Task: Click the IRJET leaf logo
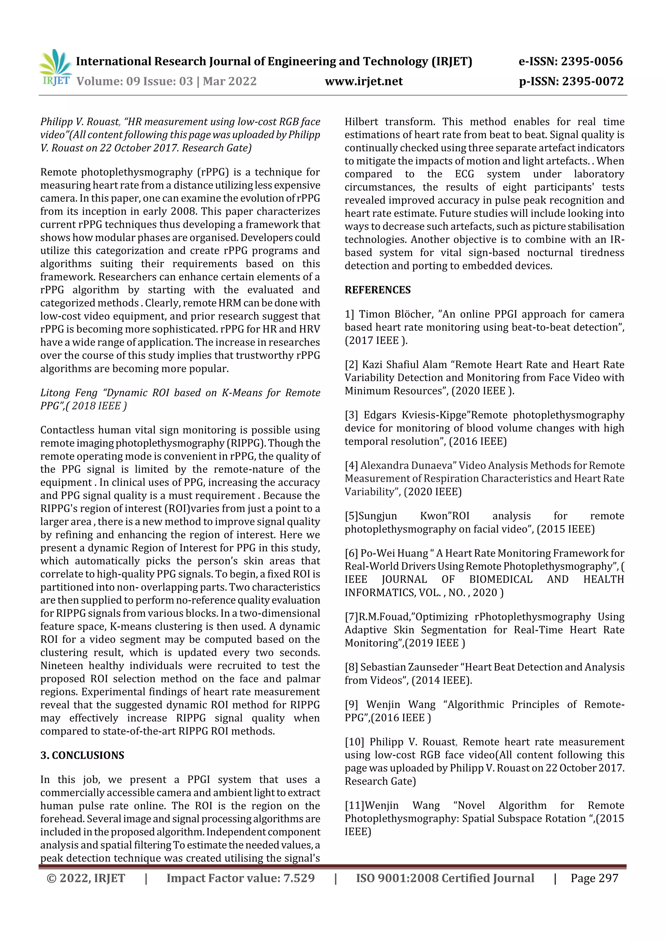pos(55,66)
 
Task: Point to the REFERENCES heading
pos(377,290)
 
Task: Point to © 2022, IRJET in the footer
pos(86,878)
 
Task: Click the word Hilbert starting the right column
pos(361,122)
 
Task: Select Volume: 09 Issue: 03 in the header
pos(135,81)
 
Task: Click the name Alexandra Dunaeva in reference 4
pos(407,466)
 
